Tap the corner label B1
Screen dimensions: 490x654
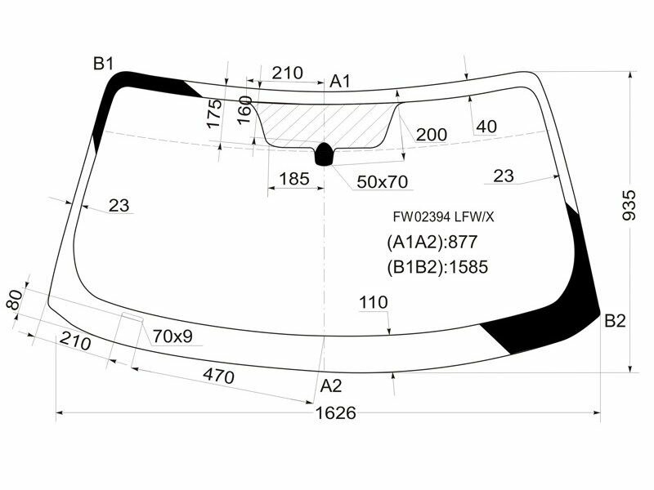(103, 64)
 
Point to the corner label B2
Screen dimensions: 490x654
(615, 322)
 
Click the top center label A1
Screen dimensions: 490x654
(340, 81)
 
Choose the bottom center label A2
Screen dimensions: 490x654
(330, 385)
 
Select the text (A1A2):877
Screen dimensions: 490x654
(432, 242)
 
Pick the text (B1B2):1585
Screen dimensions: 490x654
(437, 266)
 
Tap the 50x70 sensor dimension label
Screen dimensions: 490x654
(381, 180)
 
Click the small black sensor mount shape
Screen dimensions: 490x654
(325, 153)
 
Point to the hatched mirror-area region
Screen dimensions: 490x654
(327, 122)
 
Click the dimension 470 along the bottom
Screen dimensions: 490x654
(218, 376)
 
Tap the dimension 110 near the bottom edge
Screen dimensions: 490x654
(373, 303)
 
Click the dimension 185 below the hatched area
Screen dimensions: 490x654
(293, 178)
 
